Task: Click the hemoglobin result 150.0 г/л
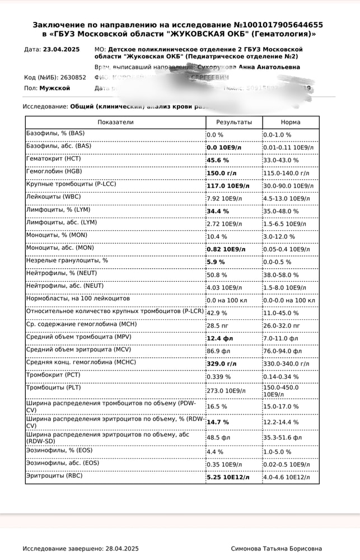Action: click(x=222, y=172)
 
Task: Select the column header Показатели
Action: click(x=115, y=122)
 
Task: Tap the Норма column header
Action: click(x=291, y=122)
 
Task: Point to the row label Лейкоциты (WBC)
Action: click(x=54, y=197)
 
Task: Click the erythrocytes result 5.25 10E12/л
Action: click(x=228, y=477)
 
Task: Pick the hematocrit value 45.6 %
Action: click(x=218, y=160)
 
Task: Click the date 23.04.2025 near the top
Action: click(x=61, y=49)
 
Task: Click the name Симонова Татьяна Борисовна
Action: click(x=277, y=549)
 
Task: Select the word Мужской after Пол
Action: click(x=55, y=88)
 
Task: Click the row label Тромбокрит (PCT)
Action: click(x=53, y=375)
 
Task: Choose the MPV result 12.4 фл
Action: click(x=219, y=338)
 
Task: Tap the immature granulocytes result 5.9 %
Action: click(x=216, y=262)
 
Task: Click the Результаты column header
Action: click(x=233, y=122)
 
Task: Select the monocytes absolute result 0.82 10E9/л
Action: click(x=226, y=249)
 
